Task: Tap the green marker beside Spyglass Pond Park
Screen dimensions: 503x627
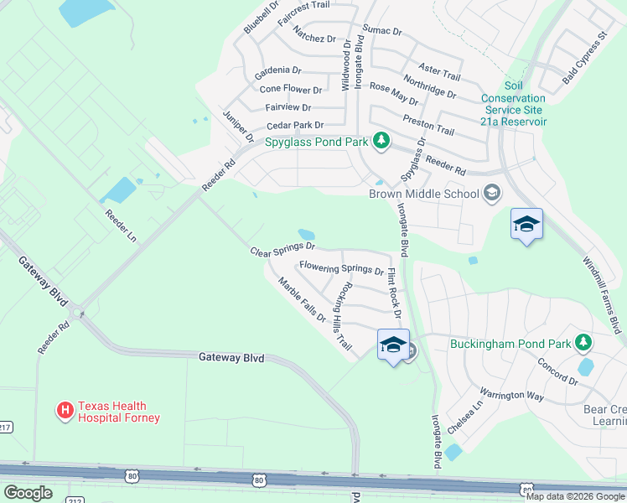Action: point(381,139)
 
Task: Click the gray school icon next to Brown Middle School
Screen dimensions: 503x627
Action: point(492,194)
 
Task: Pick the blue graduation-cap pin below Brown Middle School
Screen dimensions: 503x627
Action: point(526,224)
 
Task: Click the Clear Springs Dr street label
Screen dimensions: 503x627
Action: point(282,249)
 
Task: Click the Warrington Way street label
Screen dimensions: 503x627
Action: point(511,395)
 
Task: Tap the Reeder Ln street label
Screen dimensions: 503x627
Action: point(120,226)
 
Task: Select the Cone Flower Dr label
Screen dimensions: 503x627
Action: point(291,89)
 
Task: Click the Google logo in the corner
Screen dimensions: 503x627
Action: point(28,493)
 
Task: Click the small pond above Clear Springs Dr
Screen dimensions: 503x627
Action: point(306,235)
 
